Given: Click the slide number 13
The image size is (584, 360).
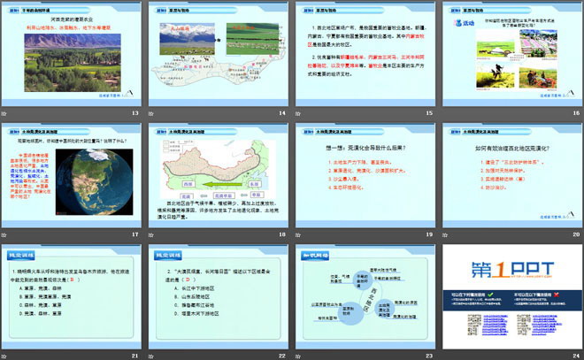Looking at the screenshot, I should click(x=134, y=114).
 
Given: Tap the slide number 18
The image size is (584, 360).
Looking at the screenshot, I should click(x=281, y=234).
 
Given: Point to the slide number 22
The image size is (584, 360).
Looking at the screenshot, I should click(x=281, y=355).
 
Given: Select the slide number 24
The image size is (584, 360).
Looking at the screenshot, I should click(x=574, y=355).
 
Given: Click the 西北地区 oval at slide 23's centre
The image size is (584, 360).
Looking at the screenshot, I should click(x=363, y=291).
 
